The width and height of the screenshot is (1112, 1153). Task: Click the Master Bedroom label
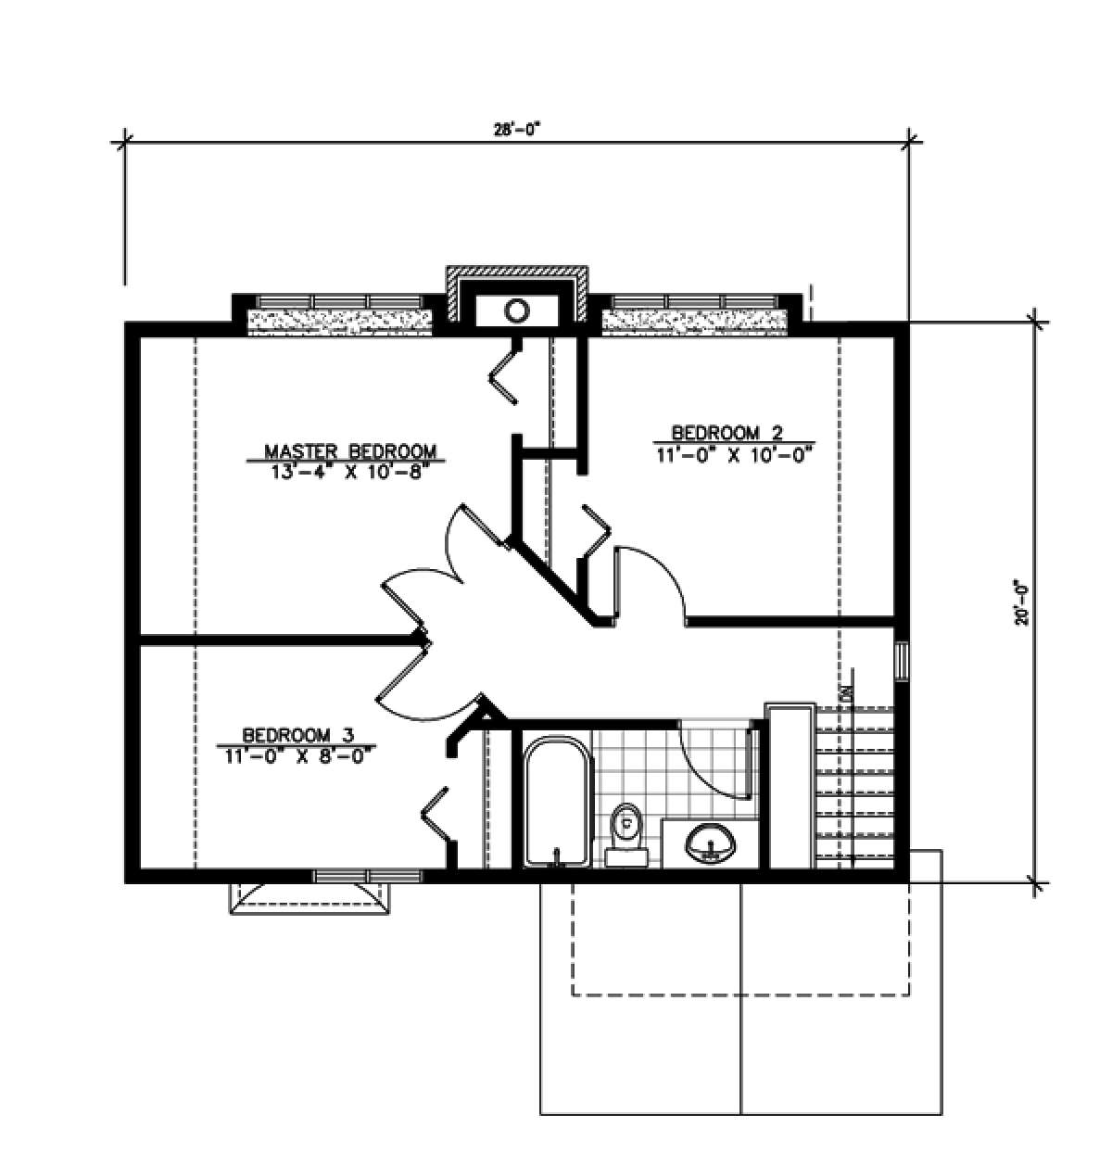pos(349,451)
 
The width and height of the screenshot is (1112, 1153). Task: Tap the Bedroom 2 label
pos(727,433)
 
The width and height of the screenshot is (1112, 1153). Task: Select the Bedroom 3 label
pos(298,735)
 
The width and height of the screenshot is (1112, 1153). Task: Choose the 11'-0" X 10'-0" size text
pos(732,455)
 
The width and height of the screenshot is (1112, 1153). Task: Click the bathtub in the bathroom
pos(559,802)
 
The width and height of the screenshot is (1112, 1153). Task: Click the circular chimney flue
pos(516,309)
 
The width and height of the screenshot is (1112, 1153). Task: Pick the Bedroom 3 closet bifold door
pos(436,815)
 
